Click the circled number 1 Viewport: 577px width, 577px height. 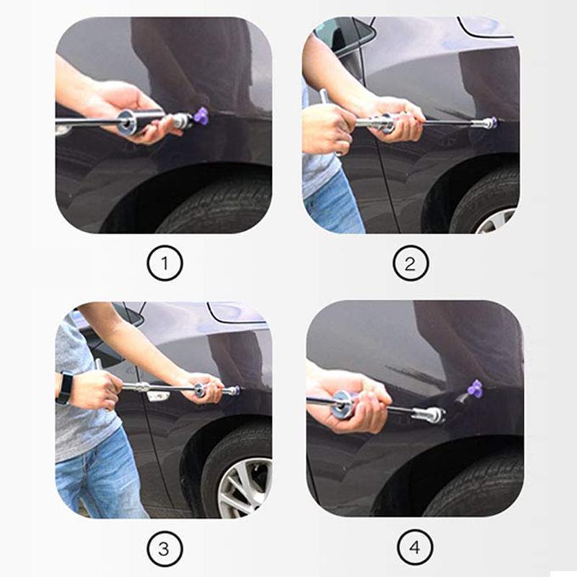tap(164, 263)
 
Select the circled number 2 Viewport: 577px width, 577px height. tap(410, 263)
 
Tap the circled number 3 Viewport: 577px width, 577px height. tap(164, 549)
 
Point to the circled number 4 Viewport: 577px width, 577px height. tap(415, 547)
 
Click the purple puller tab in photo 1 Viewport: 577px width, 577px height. tap(201, 115)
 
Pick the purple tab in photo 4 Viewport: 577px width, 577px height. tap(475, 389)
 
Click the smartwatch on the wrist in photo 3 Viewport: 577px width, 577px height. tap(64, 389)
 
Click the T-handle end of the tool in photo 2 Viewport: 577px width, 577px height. tap(324, 97)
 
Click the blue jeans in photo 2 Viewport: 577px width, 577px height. tap(334, 204)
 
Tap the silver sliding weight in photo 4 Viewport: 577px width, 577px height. tap(344, 404)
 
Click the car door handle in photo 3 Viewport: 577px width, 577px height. tap(158, 395)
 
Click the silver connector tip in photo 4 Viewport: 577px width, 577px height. tap(429, 415)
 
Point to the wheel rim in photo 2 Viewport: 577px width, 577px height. tap(497, 221)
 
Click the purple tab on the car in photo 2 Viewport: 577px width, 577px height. tap(494, 121)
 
